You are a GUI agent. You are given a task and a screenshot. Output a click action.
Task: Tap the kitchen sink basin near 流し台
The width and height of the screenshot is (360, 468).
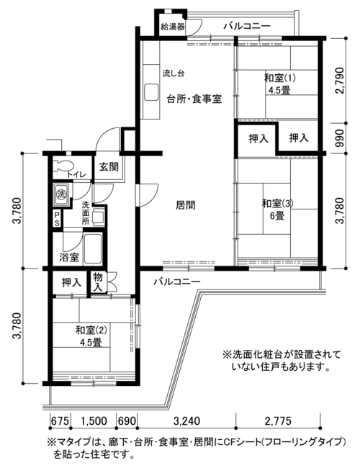[151, 93]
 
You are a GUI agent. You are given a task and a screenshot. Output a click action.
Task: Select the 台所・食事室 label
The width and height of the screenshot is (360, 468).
[194, 99]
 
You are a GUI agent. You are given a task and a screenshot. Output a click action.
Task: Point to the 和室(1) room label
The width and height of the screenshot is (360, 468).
[279, 78]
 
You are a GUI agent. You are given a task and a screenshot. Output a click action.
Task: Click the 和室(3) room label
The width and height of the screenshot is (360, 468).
[277, 204]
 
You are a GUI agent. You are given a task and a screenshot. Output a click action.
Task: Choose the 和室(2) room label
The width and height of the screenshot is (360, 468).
[91, 330]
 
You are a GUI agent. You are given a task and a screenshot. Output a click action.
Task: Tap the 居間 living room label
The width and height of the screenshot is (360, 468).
[185, 205]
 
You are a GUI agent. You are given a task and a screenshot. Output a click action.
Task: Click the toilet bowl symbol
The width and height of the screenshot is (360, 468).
[63, 166]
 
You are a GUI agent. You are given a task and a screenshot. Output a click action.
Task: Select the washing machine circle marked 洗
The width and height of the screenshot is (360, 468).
[61, 194]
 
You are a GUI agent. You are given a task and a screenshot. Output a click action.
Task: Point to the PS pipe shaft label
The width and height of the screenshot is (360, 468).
[57, 219]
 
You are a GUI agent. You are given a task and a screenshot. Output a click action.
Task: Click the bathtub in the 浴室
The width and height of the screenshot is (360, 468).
[93, 248]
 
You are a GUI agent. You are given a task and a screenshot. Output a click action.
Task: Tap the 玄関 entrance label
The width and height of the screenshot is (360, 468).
[109, 166]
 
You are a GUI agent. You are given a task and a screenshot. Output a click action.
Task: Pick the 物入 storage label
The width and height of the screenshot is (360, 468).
[98, 282]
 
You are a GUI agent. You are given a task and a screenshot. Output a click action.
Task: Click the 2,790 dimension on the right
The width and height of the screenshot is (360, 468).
[341, 81]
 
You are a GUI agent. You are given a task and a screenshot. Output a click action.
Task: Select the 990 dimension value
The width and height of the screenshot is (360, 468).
[341, 138]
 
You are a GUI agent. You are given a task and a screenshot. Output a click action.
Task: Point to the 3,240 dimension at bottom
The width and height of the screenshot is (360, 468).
[186, 421]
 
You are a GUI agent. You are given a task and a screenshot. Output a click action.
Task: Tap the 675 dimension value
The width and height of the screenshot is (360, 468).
[60, 421]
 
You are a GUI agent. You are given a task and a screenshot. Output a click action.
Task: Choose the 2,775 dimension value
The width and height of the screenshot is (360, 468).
[278, 421]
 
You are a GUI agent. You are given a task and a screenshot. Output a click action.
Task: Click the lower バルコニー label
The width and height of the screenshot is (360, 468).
[177, 282]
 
